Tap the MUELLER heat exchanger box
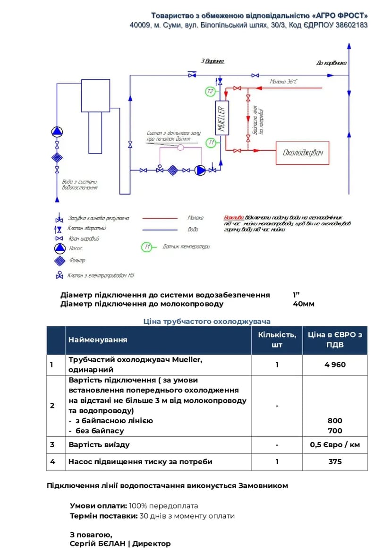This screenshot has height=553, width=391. point(221,118)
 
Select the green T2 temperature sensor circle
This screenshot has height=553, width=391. point(211,91)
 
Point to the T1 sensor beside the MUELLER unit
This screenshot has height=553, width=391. point(212,142)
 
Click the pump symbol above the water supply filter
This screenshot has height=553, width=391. point(57,131)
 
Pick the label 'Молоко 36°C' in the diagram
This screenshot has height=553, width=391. point(283,81)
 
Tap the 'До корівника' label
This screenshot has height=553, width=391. point(331,63)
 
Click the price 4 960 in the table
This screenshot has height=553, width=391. point(335,365)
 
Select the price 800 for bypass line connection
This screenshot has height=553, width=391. point(335,420)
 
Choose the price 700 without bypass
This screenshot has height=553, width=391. point(335,430)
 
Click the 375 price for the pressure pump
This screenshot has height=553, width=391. point(335,461)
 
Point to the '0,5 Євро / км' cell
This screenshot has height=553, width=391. point(335,444)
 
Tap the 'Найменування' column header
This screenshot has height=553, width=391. point(98,340)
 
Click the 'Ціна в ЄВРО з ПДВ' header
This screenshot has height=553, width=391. point(335,340)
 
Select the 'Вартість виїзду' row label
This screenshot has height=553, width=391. point(99,444)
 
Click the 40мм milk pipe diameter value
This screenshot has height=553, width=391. point(304,304)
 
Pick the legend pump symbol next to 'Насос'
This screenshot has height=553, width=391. point(60,248)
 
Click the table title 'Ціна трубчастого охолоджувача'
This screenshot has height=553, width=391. point(207,321)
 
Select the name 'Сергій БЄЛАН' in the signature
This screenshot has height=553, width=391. point(97,544)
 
